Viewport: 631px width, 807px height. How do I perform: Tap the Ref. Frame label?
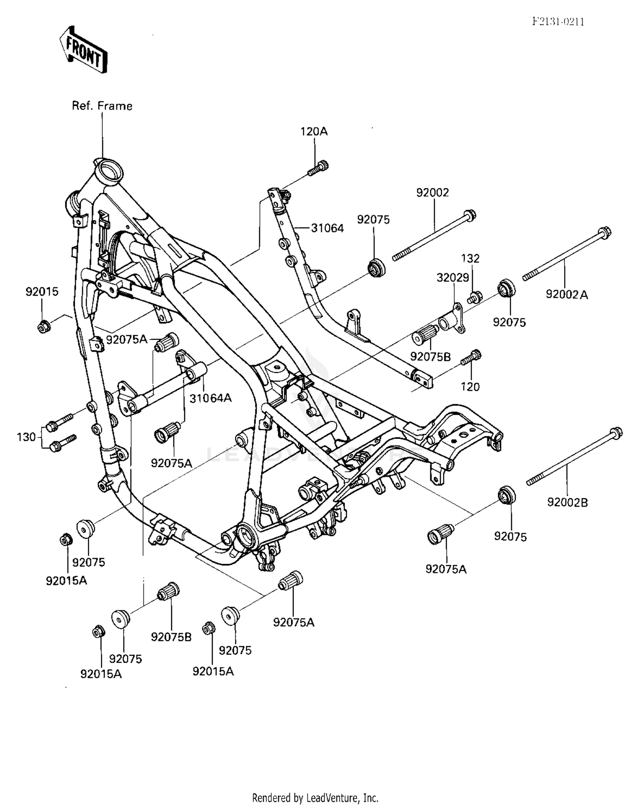(102, 106)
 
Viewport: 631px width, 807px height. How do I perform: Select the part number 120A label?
(314, 131)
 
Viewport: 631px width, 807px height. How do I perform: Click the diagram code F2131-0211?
(558, 22)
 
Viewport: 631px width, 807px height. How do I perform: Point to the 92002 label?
(433, 192)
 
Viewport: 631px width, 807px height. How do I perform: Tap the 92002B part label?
(567, 502)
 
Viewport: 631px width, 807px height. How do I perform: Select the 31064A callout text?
(210, 398)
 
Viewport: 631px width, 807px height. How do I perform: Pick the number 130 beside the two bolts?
(26, 437)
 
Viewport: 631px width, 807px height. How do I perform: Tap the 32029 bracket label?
(453, 278)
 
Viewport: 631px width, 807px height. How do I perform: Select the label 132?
(470, 258)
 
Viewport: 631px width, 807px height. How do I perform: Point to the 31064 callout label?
(327, 228)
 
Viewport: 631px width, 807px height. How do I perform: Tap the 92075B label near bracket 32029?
(430, 357)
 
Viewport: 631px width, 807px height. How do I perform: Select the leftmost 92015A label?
(66, 581)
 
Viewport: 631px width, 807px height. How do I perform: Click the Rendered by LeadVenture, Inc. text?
(315, 798)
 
